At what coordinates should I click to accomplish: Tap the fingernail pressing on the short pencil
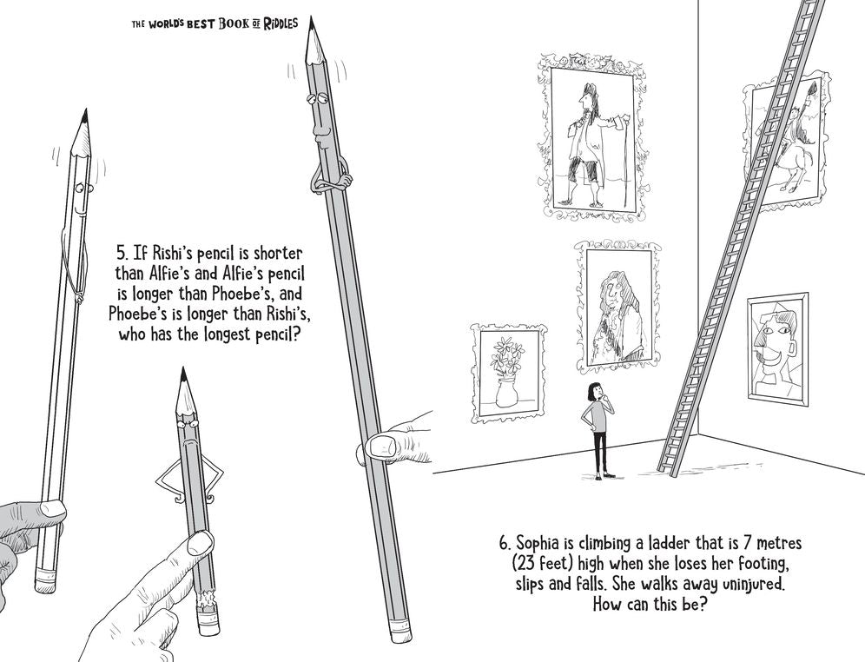click(201, 544)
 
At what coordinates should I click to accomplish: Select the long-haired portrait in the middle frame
click(618, 306)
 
